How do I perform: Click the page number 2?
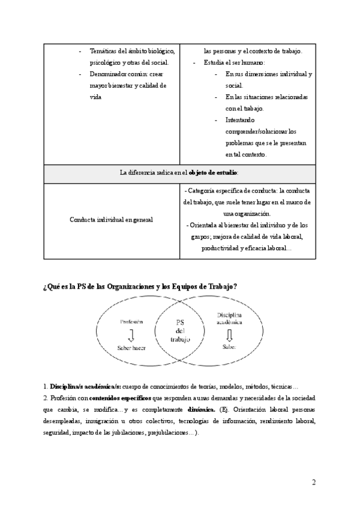pos(314,482)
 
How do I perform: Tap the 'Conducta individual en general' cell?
pos(111,220)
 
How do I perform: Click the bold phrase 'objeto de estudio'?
pos(213,173)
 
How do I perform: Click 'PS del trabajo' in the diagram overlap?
pos(179,331)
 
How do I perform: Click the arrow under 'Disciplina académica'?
pos(229,335)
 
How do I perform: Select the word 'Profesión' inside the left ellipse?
pos(131,322)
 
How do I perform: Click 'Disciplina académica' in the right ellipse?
pos(229,318)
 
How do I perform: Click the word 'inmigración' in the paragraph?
pos(103,421)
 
